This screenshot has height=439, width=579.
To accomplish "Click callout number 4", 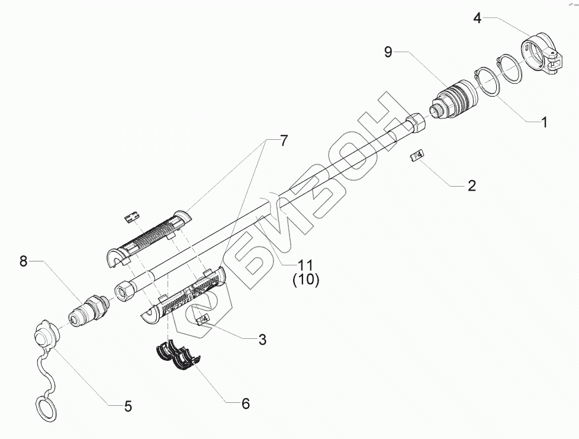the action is [x=477, y=17].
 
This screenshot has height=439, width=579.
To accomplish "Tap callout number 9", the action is [x=388, y=52].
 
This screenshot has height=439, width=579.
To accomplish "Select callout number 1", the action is [x=542, y=123].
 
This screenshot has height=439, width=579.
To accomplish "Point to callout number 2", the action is [x=471, y=185].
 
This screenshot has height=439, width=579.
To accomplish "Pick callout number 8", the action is [x=24, y=261].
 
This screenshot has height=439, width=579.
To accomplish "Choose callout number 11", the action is [x=305, y=265].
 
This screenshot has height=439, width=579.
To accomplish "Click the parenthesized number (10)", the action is [x=305, y=280].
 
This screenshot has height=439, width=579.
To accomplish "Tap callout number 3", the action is [x=261, y=340].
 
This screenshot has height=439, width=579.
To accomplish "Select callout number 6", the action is [x=245, y=404].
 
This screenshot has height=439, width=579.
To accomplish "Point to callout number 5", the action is [x=127, y=406].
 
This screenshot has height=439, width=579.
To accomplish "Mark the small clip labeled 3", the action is [x=203, y=320].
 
